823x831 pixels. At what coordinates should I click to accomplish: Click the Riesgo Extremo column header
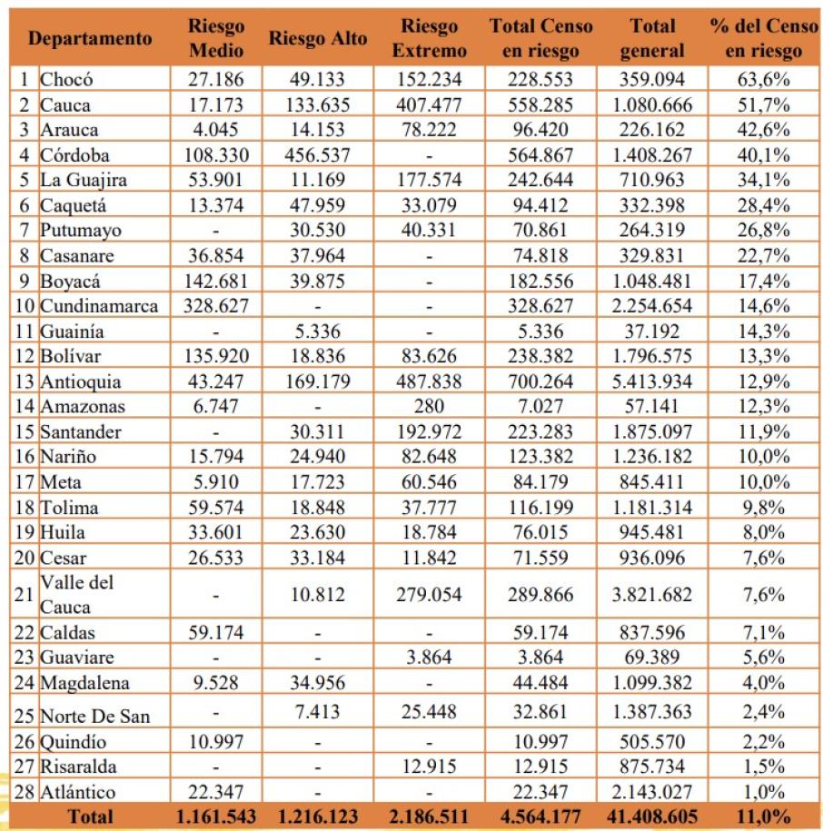click(x=430, y=38)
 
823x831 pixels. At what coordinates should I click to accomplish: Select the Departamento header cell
click(x=89, y=38)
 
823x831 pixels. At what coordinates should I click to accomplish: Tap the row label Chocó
click(x=66, y=80)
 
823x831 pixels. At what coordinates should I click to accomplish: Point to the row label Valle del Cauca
click(x=78, y=595)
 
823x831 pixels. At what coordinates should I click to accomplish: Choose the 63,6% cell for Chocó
click(x=762, y=80)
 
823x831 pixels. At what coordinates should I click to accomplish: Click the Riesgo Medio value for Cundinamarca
click(x=215, y=306)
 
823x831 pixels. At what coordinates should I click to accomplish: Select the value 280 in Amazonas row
click(x=430, y=407)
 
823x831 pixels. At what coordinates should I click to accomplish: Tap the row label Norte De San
click(x=94, y=715)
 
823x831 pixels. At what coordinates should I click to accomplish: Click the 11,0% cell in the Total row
click(x=762, y=816)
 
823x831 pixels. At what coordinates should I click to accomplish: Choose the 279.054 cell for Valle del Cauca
click(x=430, y=595)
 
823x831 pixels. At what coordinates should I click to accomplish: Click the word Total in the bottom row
click(x=89, y=816)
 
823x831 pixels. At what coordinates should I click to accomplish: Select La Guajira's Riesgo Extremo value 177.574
click(x=430, y=180)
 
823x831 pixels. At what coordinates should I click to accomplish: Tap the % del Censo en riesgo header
click(x=762, y=38)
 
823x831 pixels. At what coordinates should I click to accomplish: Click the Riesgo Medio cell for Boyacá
click(x=215, y=282)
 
